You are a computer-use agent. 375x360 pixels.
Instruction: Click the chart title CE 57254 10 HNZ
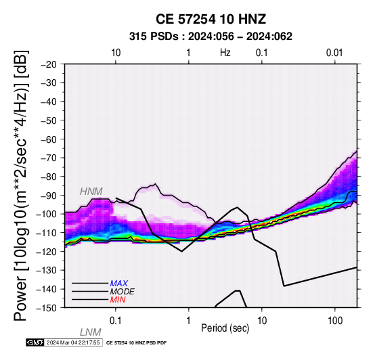click(x=211, y=19)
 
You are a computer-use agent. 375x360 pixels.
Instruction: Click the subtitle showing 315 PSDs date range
click(x=211, y=37)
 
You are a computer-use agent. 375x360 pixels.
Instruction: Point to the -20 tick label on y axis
click(x=49, y=64)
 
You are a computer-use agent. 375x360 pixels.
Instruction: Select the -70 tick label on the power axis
click(x=49, y=158)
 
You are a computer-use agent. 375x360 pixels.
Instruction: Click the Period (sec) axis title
click(x=225, y=328)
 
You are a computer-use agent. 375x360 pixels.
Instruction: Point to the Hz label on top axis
click(x=225, y=53)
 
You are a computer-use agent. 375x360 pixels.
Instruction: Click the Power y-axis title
click(x=21, y=185)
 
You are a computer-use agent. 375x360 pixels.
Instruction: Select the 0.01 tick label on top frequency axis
click(x=334, y=53)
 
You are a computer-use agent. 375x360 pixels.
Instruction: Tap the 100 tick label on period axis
click(x=335, y=320)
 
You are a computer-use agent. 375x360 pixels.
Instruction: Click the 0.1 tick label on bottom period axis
click(x=116, y=320)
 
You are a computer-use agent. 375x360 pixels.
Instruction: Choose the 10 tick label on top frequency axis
click(x=116, y=53)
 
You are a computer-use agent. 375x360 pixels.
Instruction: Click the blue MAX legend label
click(x=119, y=284)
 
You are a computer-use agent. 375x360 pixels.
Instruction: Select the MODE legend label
click(x=123, y=292)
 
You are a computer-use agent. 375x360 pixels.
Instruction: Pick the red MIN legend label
click(x=118, y=300)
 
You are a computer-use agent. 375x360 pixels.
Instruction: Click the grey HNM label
click(x=91, y=192)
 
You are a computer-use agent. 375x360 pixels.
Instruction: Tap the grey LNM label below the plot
click(x=91, y=332)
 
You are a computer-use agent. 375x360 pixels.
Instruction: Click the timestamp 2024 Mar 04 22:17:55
click(x=73, y=342)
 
